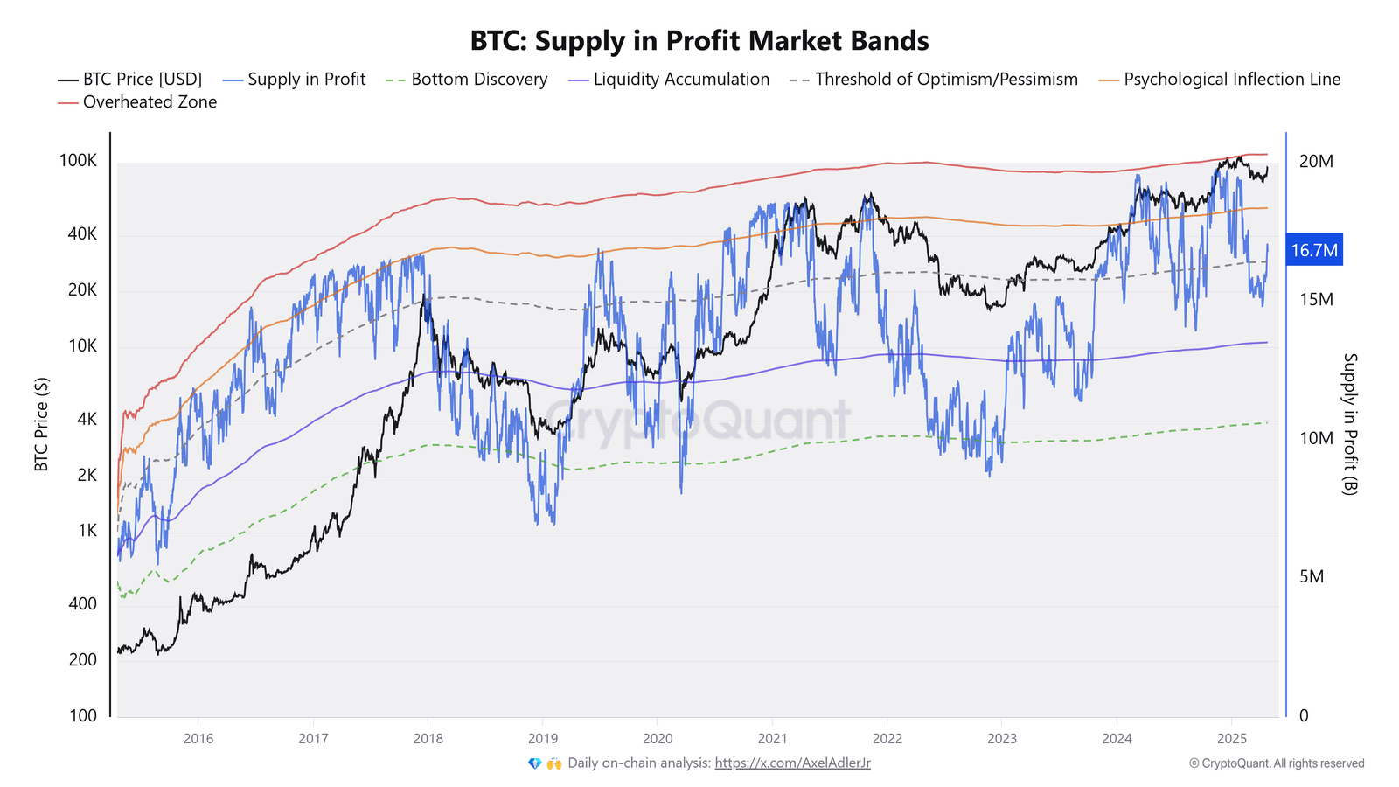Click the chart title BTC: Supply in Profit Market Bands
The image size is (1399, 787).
699,41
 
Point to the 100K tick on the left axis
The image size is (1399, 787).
78,161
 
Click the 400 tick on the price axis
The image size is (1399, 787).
83,604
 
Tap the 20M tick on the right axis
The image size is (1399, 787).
1316,161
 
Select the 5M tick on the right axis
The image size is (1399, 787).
1311,576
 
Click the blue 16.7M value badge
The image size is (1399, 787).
1313,251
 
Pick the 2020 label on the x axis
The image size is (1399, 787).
658,739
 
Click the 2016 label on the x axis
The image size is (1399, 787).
198,739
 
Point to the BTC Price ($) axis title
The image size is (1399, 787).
41,425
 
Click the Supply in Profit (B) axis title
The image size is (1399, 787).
1350,424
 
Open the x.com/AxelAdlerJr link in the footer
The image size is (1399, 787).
792,763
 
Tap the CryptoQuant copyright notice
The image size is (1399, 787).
1276,763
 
